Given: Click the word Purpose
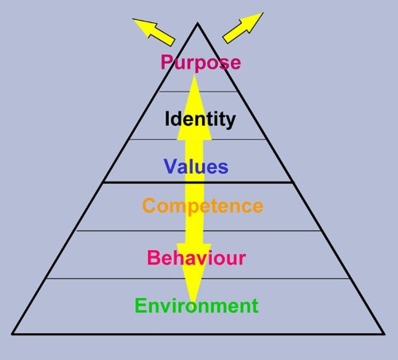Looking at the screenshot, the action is click(x=201, y=63).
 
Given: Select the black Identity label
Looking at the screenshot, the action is click(x=200, y=119).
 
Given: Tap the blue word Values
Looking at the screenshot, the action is click(x=196, y=166).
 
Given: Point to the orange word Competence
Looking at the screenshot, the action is click(x=203, y=206).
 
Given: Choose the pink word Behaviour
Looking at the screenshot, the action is click(x=197, y=257).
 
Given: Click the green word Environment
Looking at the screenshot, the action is click(x=197, y=306).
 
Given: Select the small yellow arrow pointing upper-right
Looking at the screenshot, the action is click(x=243, y=28).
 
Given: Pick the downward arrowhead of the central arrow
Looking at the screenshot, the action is click(x=194, y=273).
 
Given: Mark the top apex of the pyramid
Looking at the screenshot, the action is click(x=197, y=23).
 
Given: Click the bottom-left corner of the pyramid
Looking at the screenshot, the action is click(x=12, y=334).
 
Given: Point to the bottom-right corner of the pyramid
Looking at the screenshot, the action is click(x=384, y=334).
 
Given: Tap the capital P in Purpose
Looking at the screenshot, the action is click(x=167, y=62).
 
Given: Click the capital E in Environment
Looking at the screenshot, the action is click(x=141, y=306).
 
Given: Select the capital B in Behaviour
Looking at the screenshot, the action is click(x=154, y=257).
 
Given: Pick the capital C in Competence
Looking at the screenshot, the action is click(x=149, y=205).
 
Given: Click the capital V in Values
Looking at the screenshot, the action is click(x=171, y=166).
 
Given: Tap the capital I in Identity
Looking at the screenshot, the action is click(x=167, y=119).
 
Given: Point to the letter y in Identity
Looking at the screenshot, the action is click(x=231, y=122).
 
